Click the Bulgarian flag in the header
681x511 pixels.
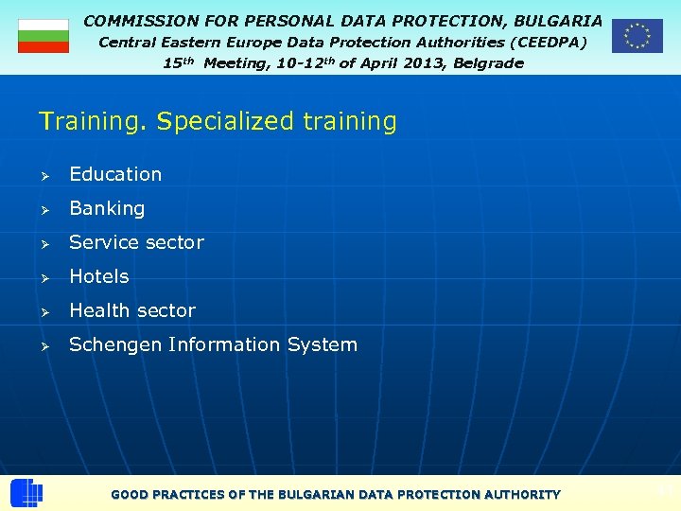tap(44, 36)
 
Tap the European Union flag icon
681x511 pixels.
tap(637, 36)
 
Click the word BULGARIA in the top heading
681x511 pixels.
tap(557, 20)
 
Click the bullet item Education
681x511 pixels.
tap(115, 174)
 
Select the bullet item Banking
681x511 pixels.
tap(107, 208)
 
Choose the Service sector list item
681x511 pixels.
tap(136, 242)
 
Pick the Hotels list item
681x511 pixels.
tap(99, 276)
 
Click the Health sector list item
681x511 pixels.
tap(132, 310)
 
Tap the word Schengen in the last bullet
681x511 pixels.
tap(115, 345)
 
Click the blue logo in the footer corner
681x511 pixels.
tap(26, 493)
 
